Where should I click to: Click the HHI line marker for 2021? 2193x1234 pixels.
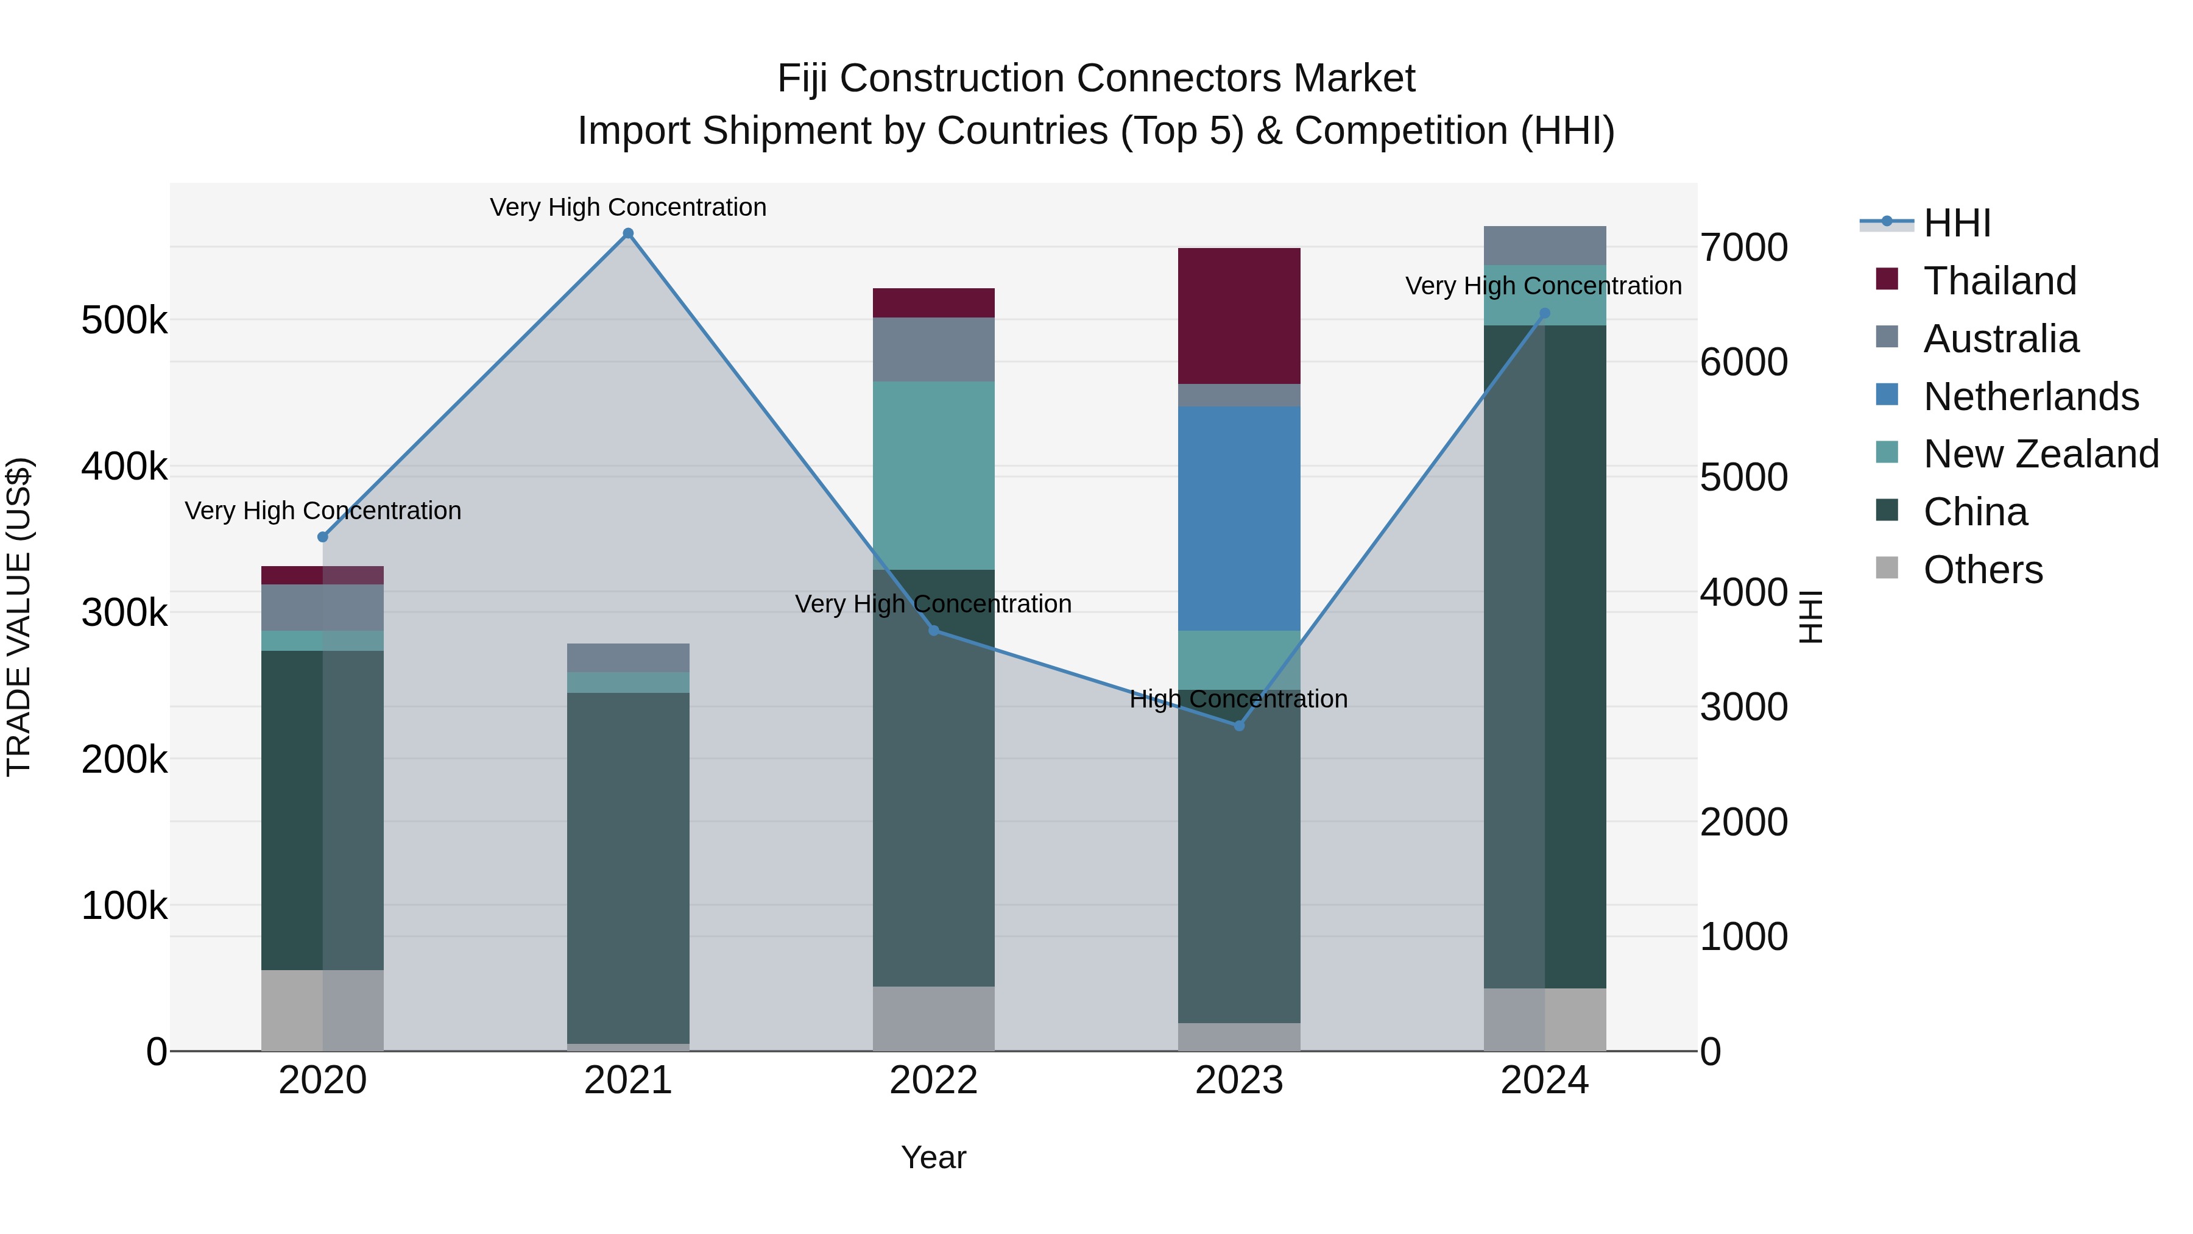[628, 233]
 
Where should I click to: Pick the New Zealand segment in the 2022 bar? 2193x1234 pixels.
[933, 475]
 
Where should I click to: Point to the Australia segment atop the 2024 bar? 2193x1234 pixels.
[1544, 245]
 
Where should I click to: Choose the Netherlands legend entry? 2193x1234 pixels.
[2030, 397]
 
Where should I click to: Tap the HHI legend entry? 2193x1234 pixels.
[1956, 223]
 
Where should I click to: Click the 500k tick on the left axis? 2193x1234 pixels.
[124, 321]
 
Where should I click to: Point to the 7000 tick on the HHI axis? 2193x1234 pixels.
[1743, 248]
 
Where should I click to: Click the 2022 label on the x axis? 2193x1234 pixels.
[933, 1080]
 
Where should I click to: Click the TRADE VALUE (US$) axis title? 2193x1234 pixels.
[19, 617]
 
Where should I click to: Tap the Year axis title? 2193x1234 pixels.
[933, 1157]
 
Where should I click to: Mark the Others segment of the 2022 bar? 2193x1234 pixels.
[933, 1018]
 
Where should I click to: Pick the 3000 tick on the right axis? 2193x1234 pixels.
[1743, 707]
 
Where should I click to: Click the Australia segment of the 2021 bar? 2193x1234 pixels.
[628, 658]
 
